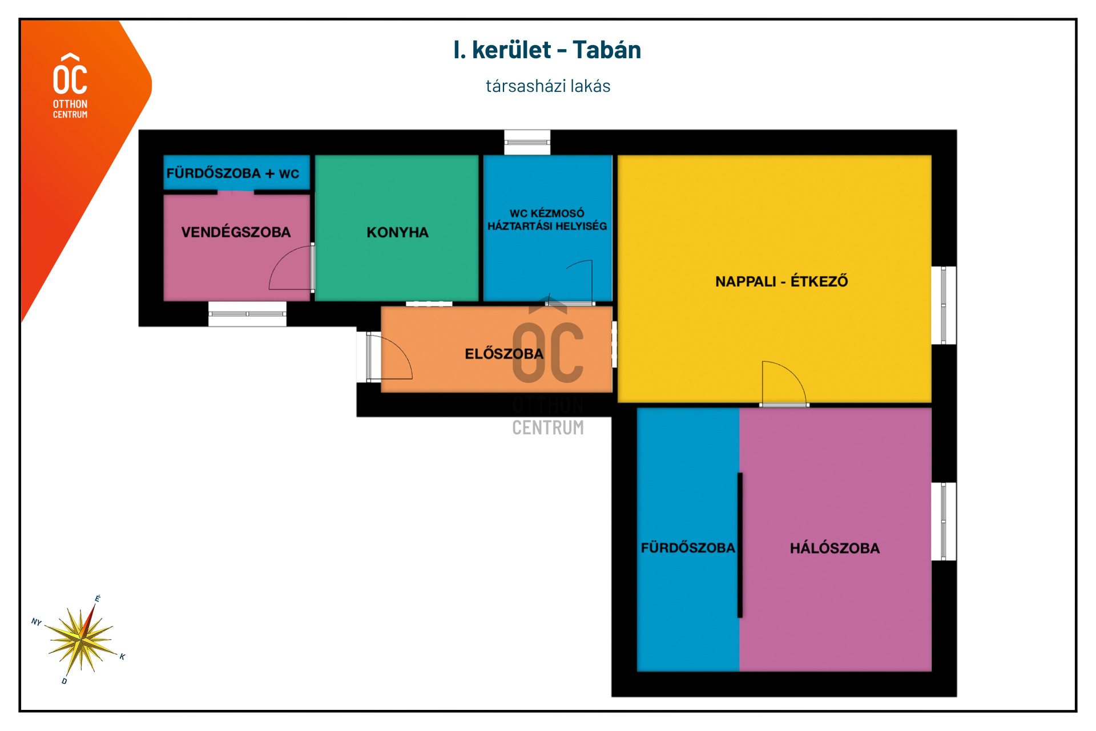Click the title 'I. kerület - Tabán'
(x=547, y=50)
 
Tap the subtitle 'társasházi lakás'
(x=548, y=86)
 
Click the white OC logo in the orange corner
(x=70, y=86)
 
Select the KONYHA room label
(x=397, y=232)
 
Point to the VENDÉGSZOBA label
(x=236, y=232)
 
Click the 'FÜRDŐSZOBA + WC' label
(x=233, y=173)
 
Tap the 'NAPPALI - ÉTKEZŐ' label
(x=781, y=281)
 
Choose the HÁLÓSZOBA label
(x=835, y=548)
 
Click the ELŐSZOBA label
(x=504, y=354)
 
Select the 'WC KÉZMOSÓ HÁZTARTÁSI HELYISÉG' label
(x=547, y=220)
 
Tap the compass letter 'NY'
(x=37, y=621)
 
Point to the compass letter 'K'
(x=122, y=657)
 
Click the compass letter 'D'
(x=65, y=681)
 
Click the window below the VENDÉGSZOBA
(x=247, y=314)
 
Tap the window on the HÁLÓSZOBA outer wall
(x=944, y=522)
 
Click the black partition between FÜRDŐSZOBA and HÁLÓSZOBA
(x=740, y=545)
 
